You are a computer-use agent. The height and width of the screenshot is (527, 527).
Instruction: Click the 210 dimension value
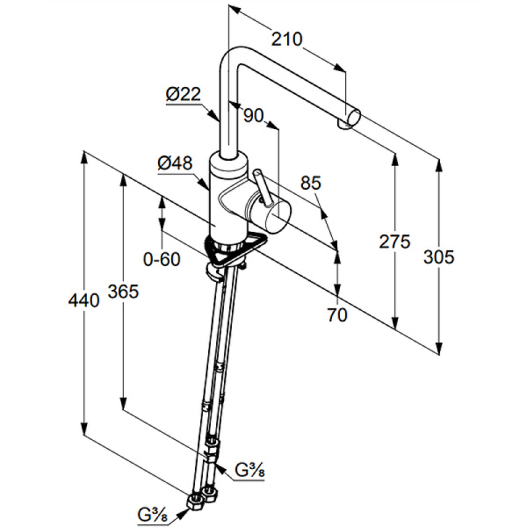click(287, 39)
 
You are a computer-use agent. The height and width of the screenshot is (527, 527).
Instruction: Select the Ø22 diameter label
click(184, 95)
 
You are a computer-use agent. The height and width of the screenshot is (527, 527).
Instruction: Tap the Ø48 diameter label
click(175, 162)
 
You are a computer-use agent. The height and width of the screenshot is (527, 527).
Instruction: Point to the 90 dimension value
click(255, 115)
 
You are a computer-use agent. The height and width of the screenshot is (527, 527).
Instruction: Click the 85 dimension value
click(311, 184)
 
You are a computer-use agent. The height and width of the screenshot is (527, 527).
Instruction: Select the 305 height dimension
click(438, 256)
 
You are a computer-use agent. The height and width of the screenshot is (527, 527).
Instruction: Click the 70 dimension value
click(336, 314)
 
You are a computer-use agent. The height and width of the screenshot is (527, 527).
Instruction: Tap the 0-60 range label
click(161, 258)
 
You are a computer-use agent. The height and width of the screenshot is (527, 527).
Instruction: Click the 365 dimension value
click(123, 292)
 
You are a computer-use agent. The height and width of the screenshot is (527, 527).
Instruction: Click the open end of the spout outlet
click(353, 116)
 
